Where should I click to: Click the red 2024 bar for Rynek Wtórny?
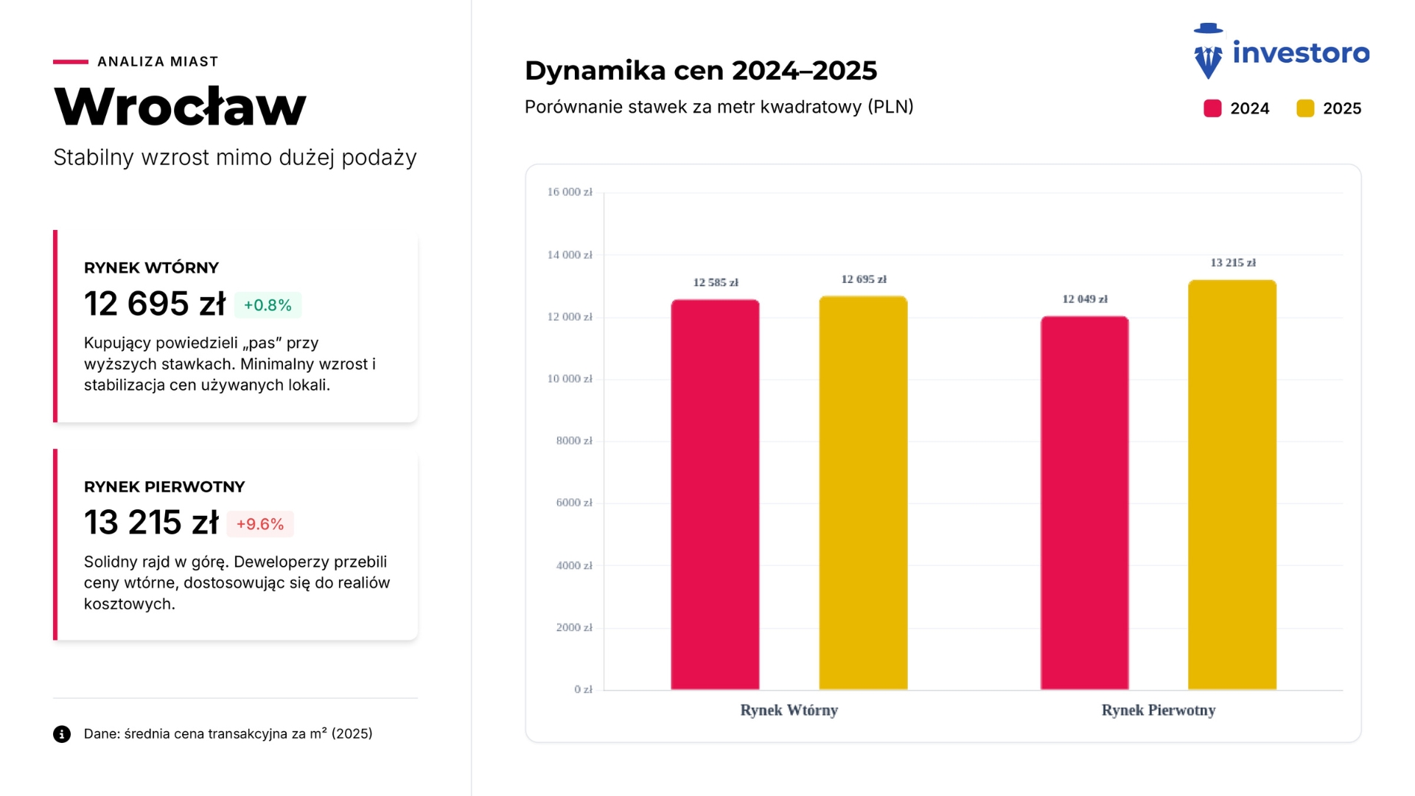point(715,494)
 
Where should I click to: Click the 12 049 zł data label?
point(1084,299)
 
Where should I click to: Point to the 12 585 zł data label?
point(715,282)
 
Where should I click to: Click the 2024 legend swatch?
point(1212,108)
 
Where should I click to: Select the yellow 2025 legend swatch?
point(1305,108)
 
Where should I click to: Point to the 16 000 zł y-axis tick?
point(570,192)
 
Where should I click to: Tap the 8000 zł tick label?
point(574,441)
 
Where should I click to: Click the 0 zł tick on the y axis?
point(583,690)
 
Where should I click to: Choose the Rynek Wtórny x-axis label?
point(789,711)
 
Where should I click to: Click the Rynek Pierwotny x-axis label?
point(1158,711)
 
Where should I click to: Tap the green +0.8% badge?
point(268,305)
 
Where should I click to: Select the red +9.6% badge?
point(260,524)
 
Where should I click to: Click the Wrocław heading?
point(180,106)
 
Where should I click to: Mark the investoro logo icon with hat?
point(1208,52)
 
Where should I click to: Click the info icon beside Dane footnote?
point(62,734)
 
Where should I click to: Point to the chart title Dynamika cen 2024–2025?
point(701,71)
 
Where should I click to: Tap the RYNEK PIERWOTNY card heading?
point(164,487)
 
